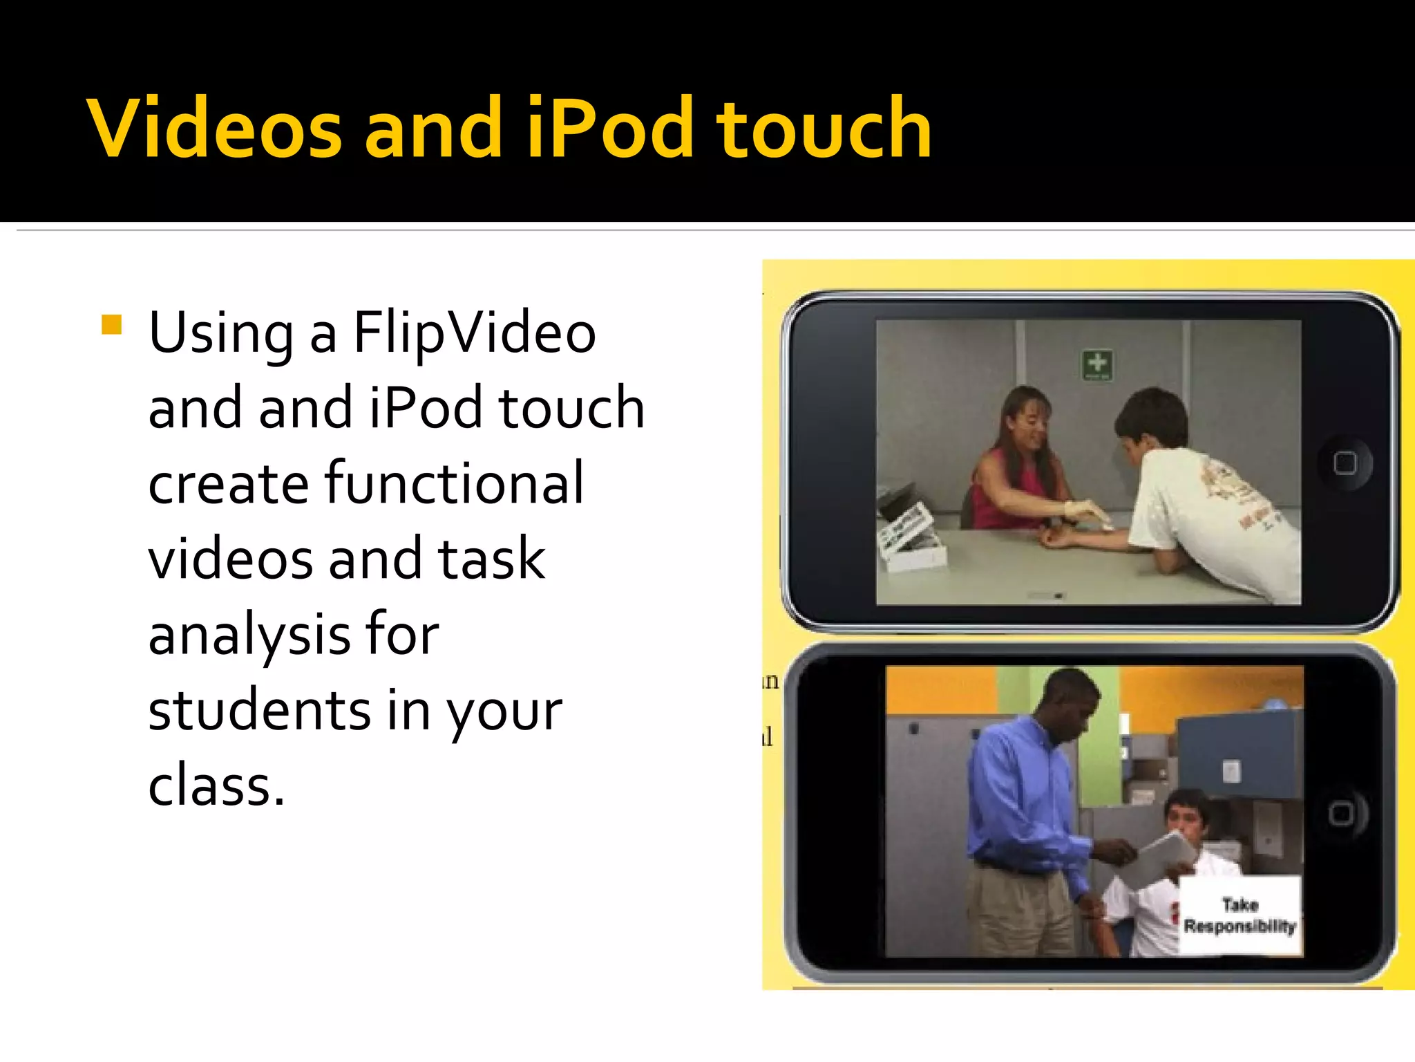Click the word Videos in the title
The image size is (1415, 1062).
(214, 129)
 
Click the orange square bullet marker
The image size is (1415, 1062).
(111, 324)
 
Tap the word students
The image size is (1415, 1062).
(260, 710)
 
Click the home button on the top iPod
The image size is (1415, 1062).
(1345, 463)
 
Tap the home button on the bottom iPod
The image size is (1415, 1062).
(1341, 813)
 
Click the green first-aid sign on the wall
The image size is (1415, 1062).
(1097, 364)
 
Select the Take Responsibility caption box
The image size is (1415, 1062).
(1240, 915)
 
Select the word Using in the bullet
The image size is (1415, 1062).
(222, 333)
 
